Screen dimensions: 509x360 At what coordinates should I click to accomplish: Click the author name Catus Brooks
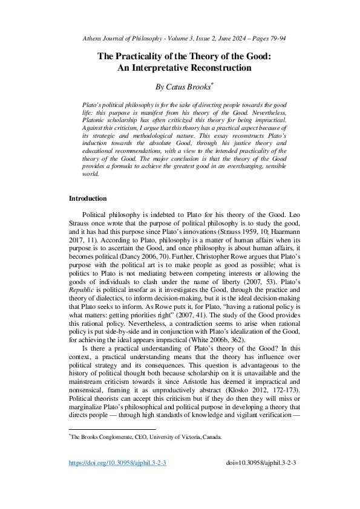(x=182, y=86)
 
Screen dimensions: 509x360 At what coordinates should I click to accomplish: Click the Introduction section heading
(x=88, y=198)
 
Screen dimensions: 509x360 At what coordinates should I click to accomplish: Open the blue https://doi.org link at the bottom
(x=117, y=479)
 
